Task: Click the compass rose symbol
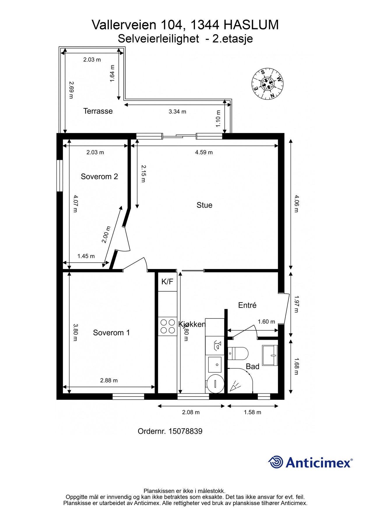267,84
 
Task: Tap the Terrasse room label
98,111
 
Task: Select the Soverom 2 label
99,176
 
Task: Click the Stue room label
204,205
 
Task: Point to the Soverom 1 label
111,333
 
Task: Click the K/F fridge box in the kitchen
168,282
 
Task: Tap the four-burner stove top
168,326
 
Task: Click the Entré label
247,305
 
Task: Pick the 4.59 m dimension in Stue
204,152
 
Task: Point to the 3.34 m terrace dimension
177,111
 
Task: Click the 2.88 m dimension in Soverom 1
109,380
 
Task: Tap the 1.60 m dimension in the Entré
266,322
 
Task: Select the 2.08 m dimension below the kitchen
191,412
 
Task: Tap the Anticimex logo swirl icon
276,462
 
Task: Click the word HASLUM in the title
251,25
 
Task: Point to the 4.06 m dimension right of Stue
296,204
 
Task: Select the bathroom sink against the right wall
270,355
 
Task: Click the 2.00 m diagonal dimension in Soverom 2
106,235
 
